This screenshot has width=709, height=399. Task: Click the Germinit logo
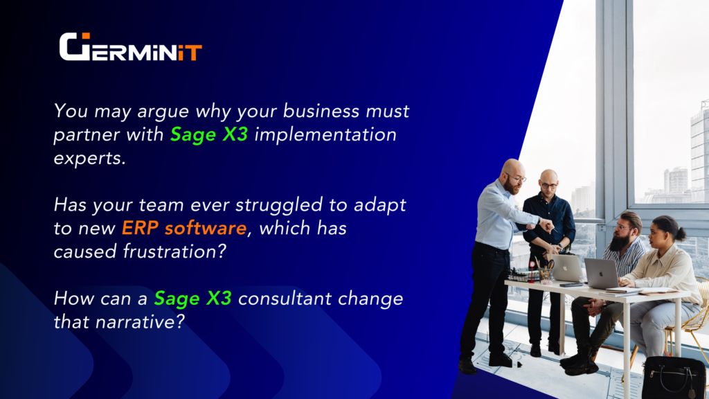point(130,46)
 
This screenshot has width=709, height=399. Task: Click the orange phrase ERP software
point(184,228)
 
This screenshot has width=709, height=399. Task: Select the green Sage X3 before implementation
point(209,135)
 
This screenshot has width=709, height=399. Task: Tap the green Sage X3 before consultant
point(192,299)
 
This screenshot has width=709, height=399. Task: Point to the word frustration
point(174,251)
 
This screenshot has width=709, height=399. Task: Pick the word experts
point(89,159)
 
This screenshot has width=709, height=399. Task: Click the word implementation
point(325,135)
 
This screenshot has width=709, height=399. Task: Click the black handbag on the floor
point(673,378)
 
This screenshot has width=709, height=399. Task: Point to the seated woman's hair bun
point(680,233)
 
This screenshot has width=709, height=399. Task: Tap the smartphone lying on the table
point(571,285)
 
